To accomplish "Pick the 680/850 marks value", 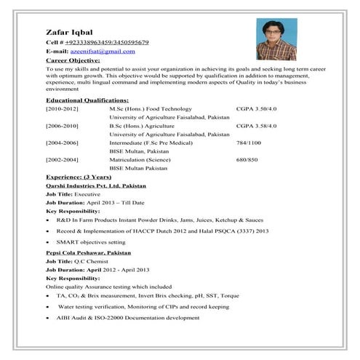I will point(247,159).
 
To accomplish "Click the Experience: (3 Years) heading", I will point(78,177).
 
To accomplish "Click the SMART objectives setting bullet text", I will point(90,241).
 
